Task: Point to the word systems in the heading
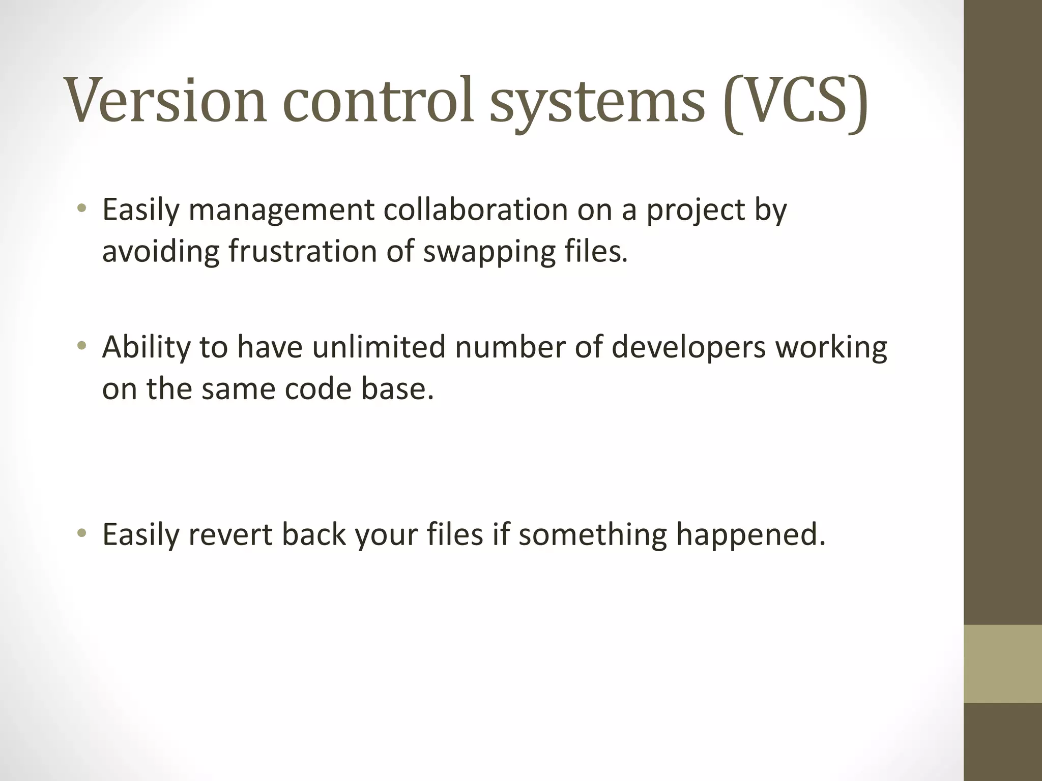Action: (597, 104)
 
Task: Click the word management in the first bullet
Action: (281, 211)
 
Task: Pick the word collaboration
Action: (475, 209)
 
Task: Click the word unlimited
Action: (379, 347)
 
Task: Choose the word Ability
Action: (146, 348)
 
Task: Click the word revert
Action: (230, 535)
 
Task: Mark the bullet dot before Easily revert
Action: (81, 534)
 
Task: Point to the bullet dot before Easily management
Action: (81, 208)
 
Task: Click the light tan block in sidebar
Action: (1002, 664)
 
